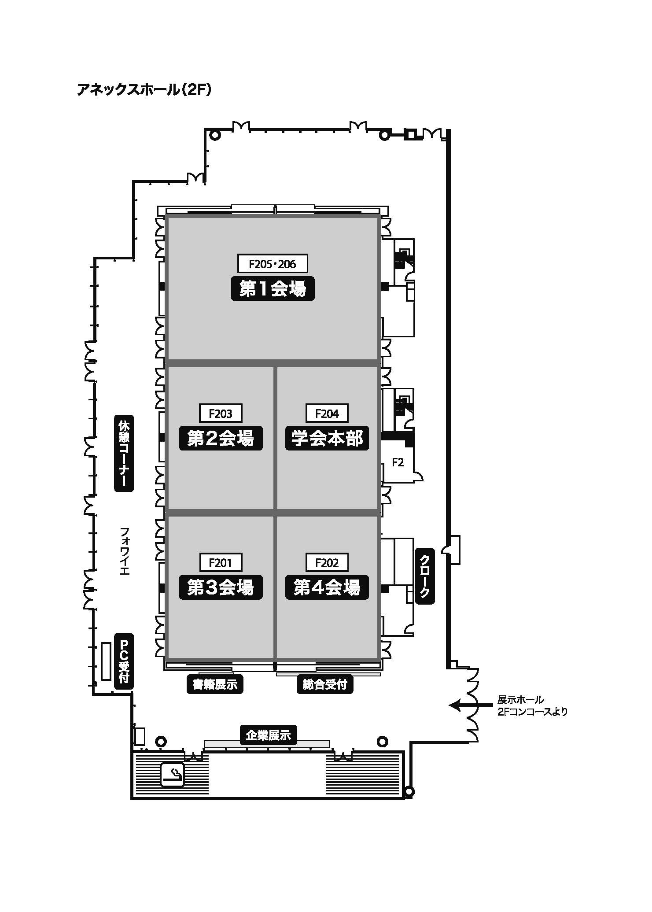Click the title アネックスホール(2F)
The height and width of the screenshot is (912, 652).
point(144,90)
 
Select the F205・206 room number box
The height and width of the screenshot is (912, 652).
point(273,264)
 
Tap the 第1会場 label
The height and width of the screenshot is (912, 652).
point(273,289)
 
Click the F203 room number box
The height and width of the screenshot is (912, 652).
point(221,414)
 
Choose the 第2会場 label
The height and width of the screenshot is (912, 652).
point(221,438)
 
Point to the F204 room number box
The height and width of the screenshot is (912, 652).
point(327,414)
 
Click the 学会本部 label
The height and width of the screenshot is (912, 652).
point(327,438)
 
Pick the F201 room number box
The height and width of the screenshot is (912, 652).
point(221,563)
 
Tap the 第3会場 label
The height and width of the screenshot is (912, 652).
point(221,587)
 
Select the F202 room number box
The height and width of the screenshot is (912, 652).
point(327,563)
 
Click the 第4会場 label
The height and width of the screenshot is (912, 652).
point(327,587)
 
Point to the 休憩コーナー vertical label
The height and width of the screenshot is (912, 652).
point(124,453)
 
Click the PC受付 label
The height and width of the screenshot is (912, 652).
point(124,661)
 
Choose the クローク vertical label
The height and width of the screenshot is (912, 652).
point(425,576)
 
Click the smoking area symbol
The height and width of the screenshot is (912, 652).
point(172,774)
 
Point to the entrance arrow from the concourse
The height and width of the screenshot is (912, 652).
point(470,705)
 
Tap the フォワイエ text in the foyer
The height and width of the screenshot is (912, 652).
point(124,551)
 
